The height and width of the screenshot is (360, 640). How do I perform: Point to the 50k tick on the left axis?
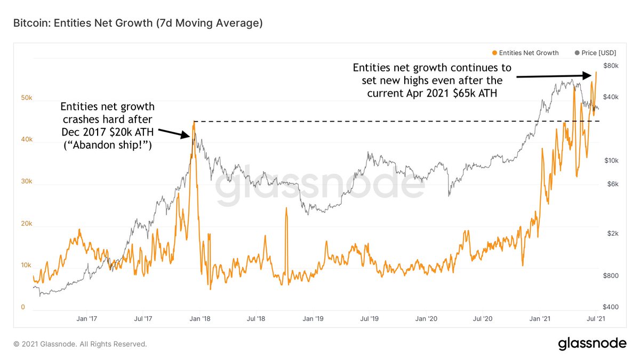tap(27, 99)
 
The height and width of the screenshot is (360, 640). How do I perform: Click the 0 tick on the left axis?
tap(23, 307)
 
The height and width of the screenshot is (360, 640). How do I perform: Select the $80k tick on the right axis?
tap(610, 66)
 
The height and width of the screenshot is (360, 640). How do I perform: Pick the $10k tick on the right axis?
tap(610, 161)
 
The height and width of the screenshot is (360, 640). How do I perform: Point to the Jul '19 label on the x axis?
tap(369, 319)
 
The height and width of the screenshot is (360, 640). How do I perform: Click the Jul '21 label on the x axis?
tap(596, 319)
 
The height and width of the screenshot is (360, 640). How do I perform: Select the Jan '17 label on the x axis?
tap(86, 319)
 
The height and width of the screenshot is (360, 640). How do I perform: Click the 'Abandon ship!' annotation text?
tap(107, 145)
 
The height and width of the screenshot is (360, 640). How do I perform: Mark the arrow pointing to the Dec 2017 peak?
tap(175, 133)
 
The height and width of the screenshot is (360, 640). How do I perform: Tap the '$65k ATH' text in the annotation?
tap(485, 93)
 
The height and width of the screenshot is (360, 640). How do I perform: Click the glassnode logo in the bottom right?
tap(592, 344)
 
